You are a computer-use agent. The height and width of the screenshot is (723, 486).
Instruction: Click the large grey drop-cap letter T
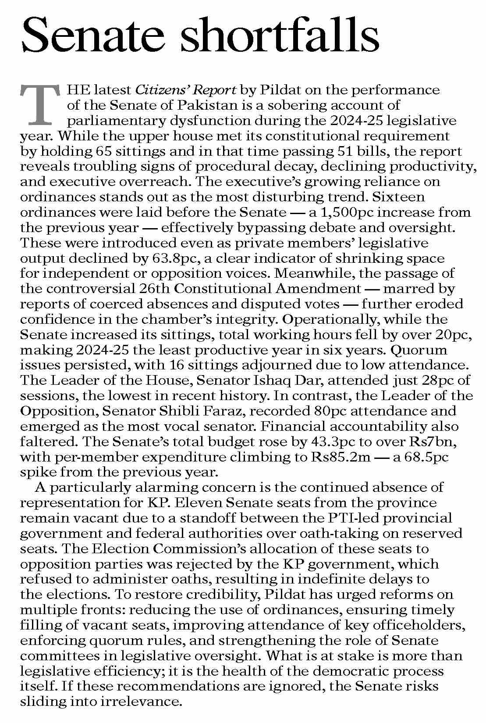pyautogui.click(x=39, y=104)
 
